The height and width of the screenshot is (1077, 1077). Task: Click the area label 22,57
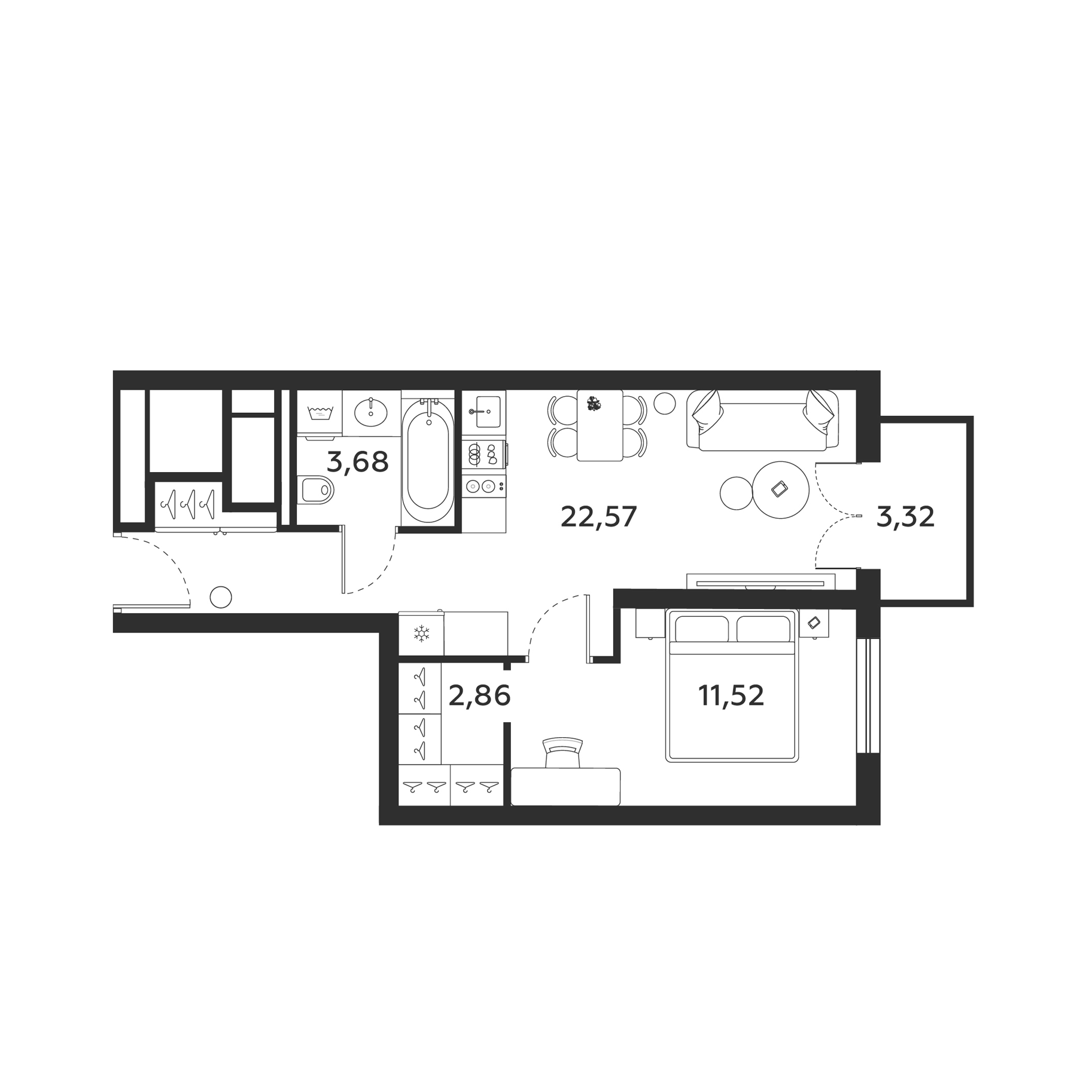point(598,516)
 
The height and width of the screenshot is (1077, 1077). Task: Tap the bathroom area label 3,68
point(358,462)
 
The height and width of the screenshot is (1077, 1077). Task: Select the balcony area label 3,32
point(905,516)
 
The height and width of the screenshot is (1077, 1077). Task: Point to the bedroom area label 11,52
point(731,695)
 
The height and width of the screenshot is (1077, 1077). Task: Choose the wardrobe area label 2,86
point(479,695)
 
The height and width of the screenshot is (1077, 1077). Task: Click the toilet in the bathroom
point(315,490)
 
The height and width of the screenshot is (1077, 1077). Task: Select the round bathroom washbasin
point(371,412)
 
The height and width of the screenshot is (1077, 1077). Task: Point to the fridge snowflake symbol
point(422,633)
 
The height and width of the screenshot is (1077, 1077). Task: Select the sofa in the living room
point(762,420)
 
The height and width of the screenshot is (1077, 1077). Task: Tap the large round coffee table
point(780,490)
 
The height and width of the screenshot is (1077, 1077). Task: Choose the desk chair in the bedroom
point(562,752)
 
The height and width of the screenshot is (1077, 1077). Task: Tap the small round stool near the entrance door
point(221,597)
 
